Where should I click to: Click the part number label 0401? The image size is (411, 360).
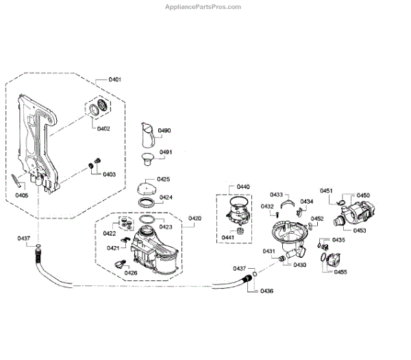[x=114, y=80]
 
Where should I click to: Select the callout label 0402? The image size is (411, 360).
[x=103, y=129]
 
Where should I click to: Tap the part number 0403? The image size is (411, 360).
[x=110, y=174]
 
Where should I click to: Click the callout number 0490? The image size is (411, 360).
[x=164, y=130]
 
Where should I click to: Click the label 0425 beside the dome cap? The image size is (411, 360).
[x=164, y=180]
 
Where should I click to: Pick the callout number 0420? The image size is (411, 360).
[x=195, y=219]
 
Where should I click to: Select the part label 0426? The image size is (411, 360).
[x=130, y=273]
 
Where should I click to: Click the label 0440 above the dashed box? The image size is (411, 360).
[x=243, y=187]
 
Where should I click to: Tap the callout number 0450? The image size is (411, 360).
[x=363, y=195]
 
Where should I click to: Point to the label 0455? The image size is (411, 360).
[x=340, y=272]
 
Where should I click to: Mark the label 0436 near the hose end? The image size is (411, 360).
[x=266, y=291]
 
